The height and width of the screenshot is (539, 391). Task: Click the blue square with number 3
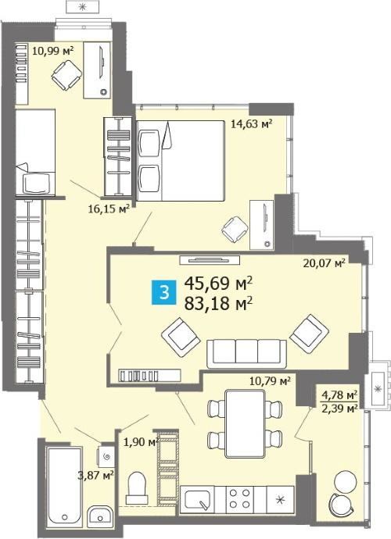[x=164, y=293]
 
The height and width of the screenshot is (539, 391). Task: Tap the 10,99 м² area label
[x=52, y=52]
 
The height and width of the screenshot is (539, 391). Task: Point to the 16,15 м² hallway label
[x=109, y=209]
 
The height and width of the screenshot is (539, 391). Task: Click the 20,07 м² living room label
[x=324, y=263]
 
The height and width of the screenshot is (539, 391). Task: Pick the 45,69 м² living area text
[x=219, y=284]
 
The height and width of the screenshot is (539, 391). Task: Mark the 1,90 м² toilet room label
[x=141, y=441]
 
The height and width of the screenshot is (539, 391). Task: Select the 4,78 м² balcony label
[x=339, y=394]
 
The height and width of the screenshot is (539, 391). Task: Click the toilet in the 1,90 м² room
[x=137, y=488]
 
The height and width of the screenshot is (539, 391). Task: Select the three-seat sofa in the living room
[x=247, y=354]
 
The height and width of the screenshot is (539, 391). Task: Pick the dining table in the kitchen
[x=245, y=423]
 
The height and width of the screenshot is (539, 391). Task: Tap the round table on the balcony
[x=344, y=480]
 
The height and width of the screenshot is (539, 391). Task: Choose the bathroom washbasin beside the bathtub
[x=99, y=516]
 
